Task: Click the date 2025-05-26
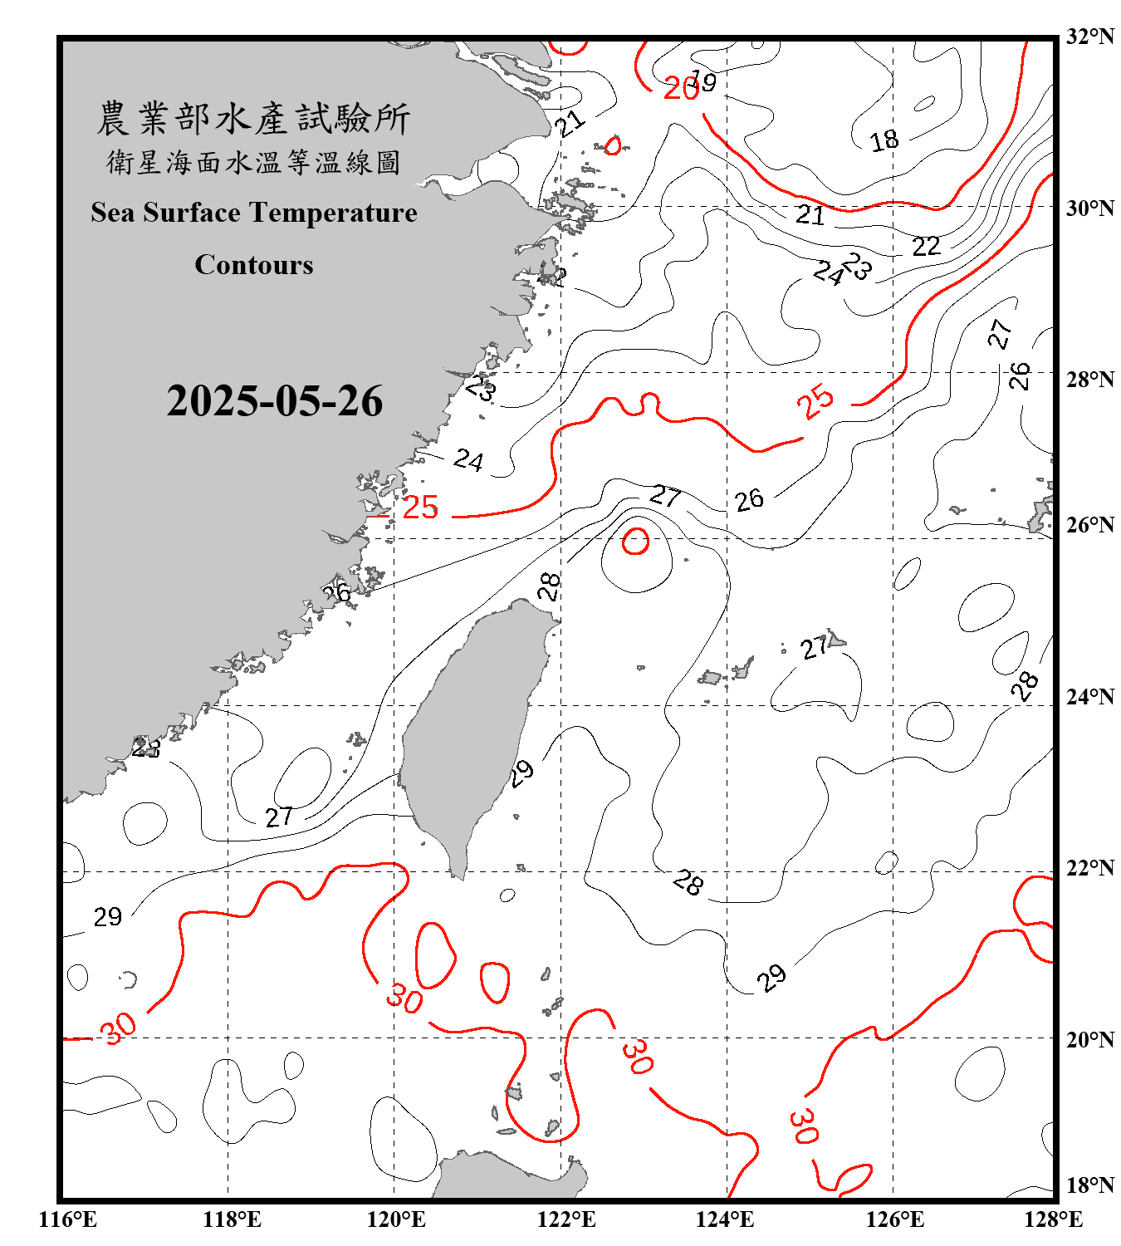point(274,401)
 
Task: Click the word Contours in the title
point(254,265)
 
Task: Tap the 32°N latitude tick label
point(1089,37)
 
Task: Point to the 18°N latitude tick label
point(1089,1185)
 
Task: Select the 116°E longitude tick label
point(68,1219)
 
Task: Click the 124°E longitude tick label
point(725,1219)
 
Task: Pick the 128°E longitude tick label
point(1053,1219)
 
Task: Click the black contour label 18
point(884,140)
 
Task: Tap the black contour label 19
point(703,82)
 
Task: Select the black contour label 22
point(926,246)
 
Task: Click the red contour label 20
point(681,88)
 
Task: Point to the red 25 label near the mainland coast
point(420,507)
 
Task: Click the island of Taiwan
point(469,731)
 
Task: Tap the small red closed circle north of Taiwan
point(636,541)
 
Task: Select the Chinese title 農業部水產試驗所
point(253,119)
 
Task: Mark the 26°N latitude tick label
point(1089,525)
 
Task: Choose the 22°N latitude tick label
point(1089,868)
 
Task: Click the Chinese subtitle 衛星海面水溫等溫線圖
point(253,162)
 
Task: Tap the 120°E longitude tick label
point(396,1219)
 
